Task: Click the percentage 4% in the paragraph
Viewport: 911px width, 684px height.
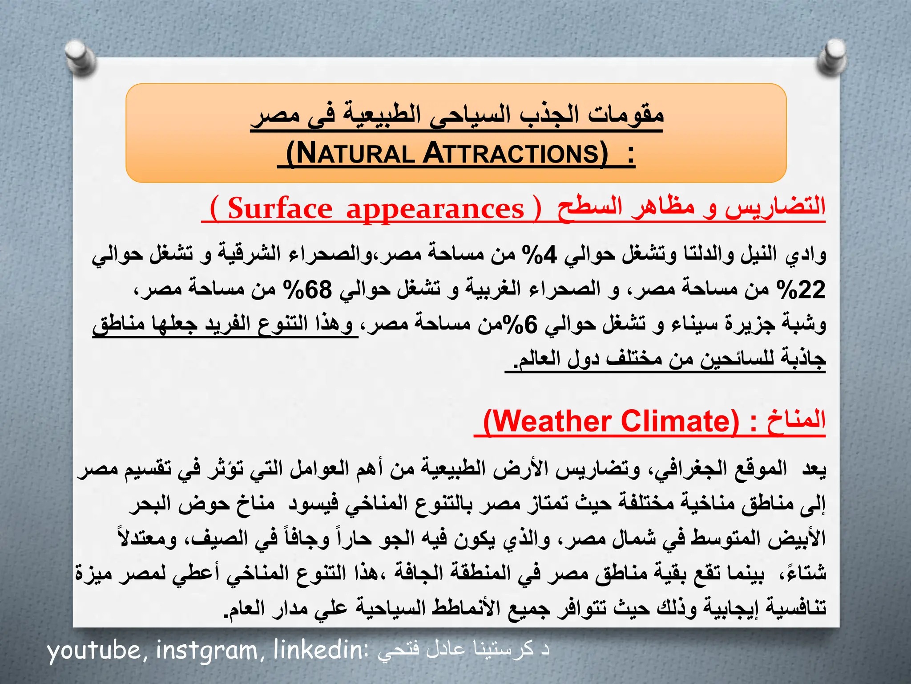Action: (540, 255)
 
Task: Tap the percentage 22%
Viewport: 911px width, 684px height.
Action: (801, 290)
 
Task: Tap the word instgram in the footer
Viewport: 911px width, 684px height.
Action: (207, 651)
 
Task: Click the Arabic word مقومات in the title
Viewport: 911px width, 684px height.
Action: (625, 115)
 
